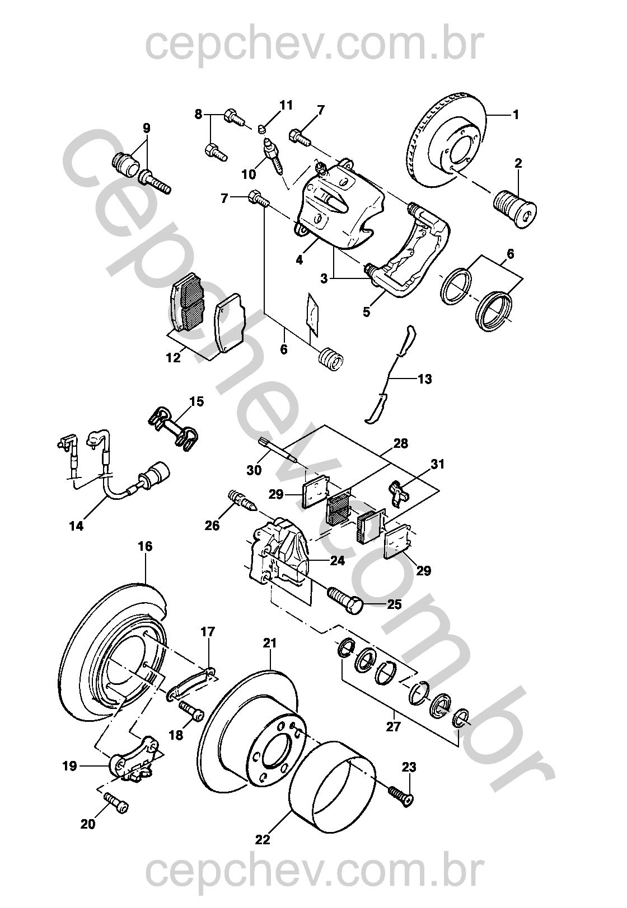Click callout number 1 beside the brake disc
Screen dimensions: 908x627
point(516,115)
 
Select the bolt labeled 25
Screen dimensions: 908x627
point(347,599)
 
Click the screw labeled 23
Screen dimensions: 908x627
point(402,796)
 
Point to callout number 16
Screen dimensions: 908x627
point(145,546)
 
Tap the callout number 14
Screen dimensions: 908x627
point(76,526)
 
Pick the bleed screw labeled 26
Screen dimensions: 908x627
point(242,500)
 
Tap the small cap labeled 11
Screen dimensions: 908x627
point(262,130)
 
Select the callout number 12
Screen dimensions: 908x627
point(174,357)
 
